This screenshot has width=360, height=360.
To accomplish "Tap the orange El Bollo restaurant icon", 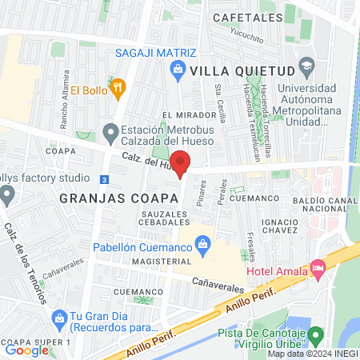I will click(118, 88).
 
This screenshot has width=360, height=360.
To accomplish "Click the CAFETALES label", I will click(247, 17).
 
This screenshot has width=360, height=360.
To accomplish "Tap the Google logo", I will click(26, 350).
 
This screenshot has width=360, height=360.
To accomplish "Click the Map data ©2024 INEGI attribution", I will click(312, 354).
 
